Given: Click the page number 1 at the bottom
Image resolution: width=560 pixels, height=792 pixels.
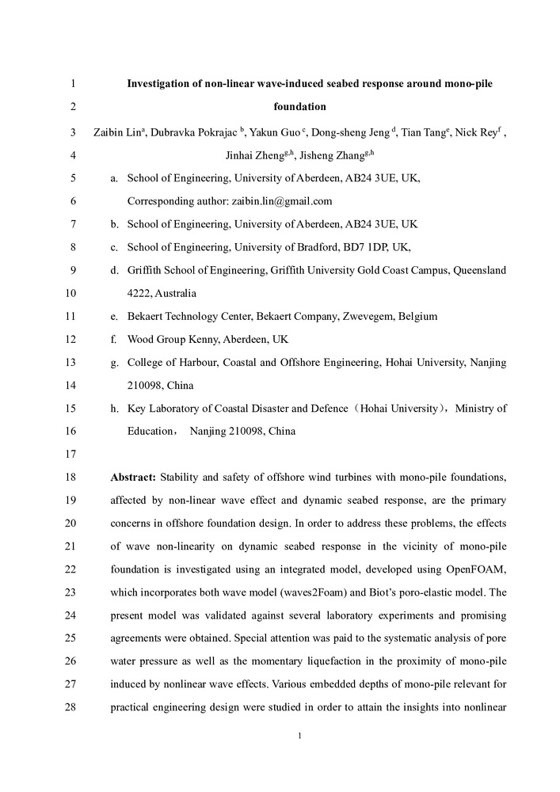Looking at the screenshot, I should [x=300, y=737].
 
